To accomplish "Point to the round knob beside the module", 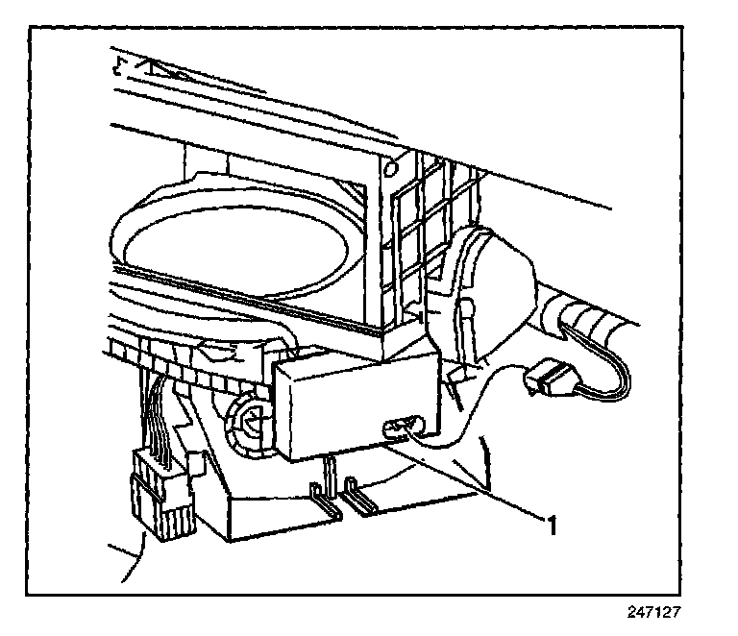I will [x=248, y=422].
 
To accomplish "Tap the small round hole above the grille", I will [x=392, y=169].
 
